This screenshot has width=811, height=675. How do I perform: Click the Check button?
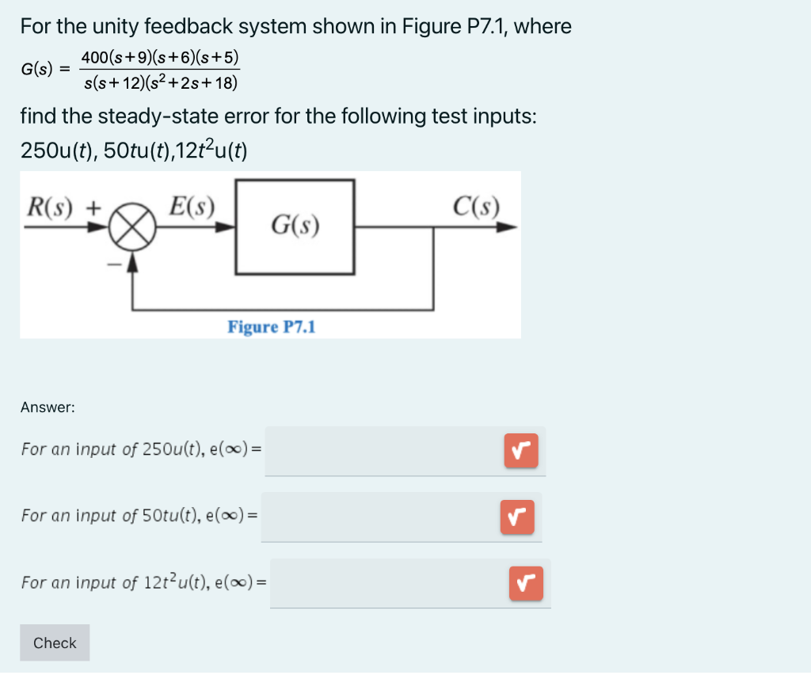55,643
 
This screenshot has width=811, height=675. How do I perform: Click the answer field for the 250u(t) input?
380,451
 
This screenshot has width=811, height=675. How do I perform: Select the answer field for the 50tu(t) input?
377,517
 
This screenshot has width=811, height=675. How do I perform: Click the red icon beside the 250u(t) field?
520,451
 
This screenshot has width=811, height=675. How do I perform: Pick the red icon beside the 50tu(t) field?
516,517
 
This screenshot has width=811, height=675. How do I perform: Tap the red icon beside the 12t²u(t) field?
525,584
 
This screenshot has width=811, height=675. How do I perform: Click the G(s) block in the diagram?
295,227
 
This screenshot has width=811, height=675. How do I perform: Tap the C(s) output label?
476,206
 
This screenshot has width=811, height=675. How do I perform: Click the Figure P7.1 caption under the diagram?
271,326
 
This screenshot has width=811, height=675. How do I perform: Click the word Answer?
48,407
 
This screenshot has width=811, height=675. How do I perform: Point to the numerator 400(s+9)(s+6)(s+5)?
160,58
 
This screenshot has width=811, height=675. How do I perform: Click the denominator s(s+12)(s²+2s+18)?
160,82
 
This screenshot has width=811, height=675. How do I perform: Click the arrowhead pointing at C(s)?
506,227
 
